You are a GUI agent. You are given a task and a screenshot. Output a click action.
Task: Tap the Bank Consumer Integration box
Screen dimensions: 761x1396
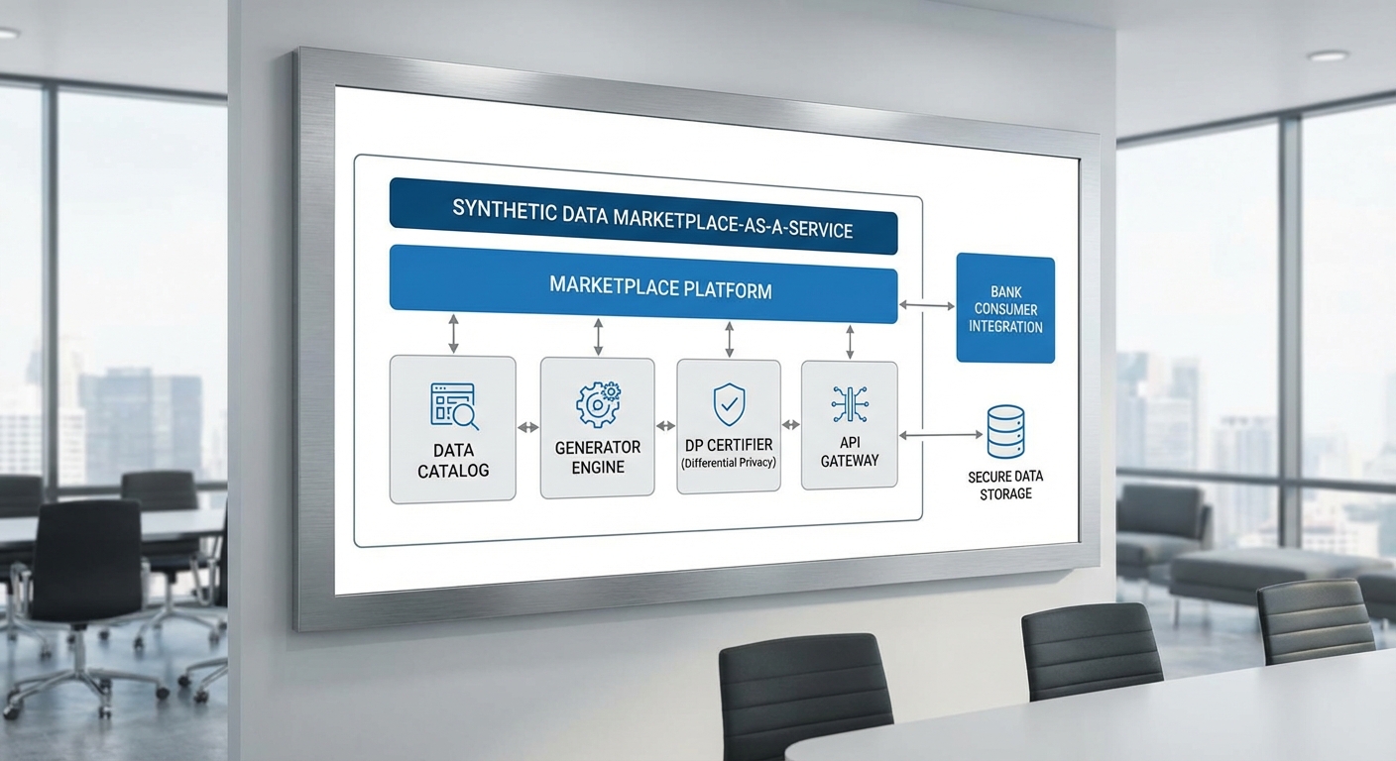1004,308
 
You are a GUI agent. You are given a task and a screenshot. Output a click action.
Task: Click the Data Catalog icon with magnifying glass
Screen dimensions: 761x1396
454,406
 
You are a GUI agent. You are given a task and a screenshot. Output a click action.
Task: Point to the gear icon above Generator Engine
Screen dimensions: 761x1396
598,404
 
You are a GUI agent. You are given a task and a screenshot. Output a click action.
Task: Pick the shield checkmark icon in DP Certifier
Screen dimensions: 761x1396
729,404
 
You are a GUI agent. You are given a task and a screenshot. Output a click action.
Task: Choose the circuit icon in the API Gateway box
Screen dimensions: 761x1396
849,405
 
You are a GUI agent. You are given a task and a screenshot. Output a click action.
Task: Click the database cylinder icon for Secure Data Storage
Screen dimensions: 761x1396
1005,430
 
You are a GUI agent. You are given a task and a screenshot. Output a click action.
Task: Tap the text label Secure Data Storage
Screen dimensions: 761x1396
1005,485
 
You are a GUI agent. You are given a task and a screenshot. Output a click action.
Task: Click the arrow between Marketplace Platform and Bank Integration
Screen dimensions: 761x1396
926,306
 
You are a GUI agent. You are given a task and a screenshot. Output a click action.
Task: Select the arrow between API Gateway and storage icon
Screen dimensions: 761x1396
941,434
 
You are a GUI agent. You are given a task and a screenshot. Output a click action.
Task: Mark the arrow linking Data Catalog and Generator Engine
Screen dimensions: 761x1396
528,427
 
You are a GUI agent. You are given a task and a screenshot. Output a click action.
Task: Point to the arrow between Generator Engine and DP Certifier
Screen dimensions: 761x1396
665,426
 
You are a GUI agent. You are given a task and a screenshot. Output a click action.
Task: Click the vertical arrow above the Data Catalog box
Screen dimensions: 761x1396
454,334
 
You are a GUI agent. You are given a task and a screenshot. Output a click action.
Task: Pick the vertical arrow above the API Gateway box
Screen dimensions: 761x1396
850,341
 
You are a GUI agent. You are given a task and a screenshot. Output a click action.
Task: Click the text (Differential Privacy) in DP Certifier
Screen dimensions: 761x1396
729,463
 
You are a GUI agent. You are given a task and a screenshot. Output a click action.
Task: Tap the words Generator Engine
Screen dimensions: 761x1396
598,457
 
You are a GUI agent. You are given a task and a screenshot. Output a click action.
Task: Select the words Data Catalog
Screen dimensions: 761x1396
453,461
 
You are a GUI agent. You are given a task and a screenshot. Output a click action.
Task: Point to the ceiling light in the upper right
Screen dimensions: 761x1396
1327,56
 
